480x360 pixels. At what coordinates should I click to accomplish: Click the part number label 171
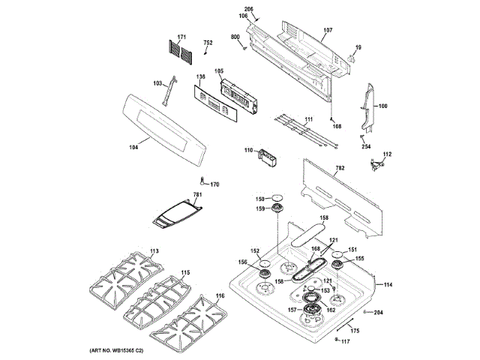click(181, 37)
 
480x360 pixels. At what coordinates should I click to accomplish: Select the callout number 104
click(133, 147)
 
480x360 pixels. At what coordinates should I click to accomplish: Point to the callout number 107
click(328, 31)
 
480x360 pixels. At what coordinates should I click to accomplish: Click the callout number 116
click(220, 296)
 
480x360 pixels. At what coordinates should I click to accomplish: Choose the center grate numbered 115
click(185, 273)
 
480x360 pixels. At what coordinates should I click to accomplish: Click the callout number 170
click(214, 184)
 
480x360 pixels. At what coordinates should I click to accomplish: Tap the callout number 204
click(378, 312)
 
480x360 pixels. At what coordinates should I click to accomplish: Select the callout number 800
click(234, 37)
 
